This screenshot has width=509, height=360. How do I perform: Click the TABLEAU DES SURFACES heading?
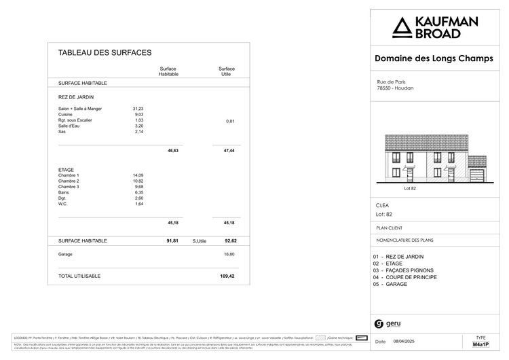105,52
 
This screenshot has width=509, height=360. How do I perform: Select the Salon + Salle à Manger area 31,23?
138,109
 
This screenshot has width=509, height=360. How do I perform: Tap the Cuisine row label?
66,115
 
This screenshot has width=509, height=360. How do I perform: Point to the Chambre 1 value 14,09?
138,175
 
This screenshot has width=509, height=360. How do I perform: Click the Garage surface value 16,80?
229,254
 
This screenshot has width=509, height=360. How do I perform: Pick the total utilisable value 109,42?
227,276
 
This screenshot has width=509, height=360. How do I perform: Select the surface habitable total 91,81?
172,240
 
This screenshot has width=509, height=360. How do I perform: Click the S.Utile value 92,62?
228,240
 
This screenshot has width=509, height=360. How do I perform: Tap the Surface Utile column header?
227,71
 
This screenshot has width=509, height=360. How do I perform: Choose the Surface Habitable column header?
168,71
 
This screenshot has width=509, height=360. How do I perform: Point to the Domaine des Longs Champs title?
434,58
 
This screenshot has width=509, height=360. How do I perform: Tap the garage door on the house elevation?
477,175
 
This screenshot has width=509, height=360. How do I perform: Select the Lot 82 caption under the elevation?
409,188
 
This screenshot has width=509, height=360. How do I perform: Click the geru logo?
388,323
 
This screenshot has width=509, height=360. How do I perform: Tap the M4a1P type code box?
481,344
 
